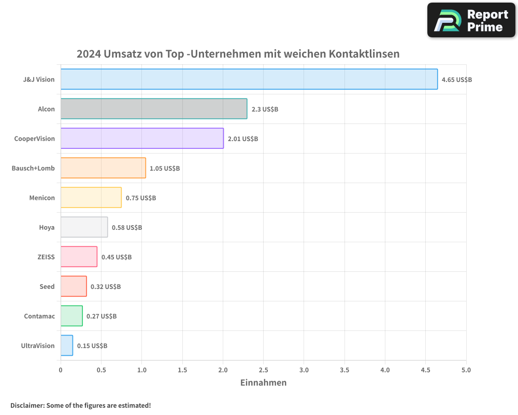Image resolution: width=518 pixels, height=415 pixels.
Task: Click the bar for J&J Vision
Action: [249, 79]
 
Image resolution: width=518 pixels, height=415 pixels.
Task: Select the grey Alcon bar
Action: [154, 109]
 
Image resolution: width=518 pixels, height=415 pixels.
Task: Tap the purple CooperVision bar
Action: [142, 139]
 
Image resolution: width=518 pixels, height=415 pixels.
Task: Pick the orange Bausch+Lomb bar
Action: [103, 168]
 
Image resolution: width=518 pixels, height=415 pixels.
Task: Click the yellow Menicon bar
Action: [91, 198]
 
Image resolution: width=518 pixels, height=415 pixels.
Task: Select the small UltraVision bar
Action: [67, 345]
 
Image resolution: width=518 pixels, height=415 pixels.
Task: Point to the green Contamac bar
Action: [71, 316]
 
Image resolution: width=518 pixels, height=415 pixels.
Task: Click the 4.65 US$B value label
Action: [456, 80]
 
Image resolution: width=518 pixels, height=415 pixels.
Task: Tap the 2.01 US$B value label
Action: [242, 139]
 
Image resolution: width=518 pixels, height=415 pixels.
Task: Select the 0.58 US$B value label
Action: [126, 228]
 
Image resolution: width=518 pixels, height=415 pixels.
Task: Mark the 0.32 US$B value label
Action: [105, 287]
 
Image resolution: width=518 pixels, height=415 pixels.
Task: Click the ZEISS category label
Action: [47, 257]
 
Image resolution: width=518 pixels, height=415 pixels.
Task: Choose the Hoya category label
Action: [47, 227]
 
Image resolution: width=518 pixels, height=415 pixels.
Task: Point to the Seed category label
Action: [47, 286]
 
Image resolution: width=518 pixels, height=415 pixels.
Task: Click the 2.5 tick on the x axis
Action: [263, 370]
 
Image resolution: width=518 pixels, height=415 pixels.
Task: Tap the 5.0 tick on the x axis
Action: [466, 370]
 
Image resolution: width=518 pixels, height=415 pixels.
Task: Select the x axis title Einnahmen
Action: [263, 383]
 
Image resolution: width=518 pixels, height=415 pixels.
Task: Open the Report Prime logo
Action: [471, 20]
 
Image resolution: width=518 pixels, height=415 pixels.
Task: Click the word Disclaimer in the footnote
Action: [27, 405]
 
